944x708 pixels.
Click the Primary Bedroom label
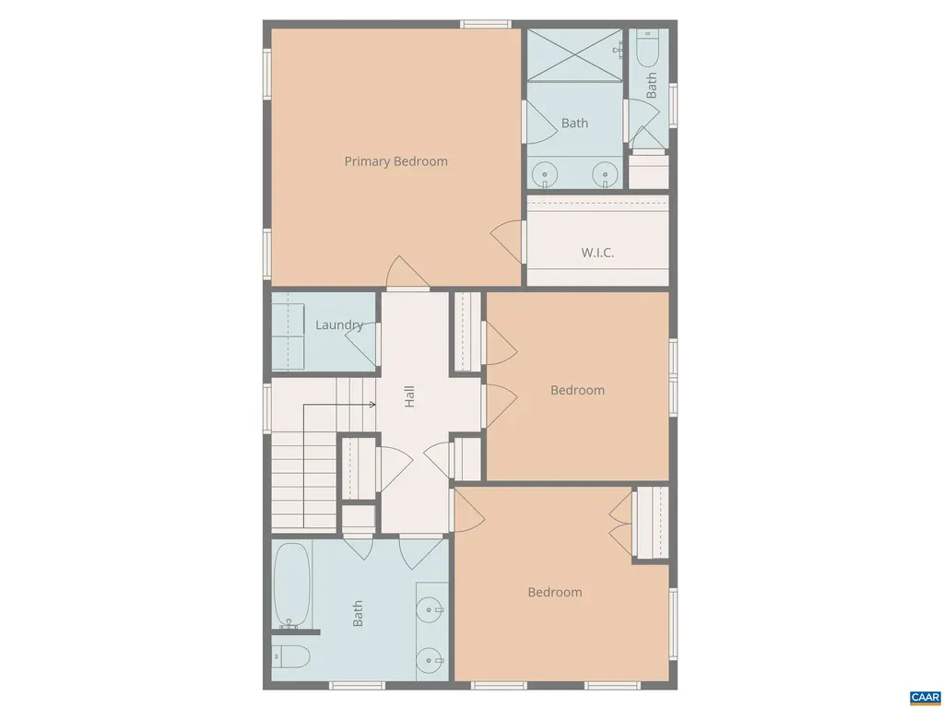tap(395, 161)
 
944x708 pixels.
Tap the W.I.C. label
tap(597, 253)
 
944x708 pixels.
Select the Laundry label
tap(339, 325)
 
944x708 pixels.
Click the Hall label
tap(409, 396)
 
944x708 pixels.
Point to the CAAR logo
tap(926, 698)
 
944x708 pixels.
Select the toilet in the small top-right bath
tap(648, 48)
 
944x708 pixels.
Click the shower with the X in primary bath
tap(574, 54)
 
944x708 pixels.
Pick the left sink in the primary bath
tap(544, 174)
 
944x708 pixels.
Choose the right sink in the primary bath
tap(605, 174)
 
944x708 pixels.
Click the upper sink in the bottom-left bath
tap(431, 610)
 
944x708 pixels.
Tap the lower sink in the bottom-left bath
tap(431, 660)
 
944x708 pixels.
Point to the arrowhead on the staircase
tap(372, 405)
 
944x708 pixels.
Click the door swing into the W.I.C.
tap(508, 241)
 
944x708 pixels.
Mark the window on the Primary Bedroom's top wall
tap(486, 24)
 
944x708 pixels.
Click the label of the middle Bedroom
tap(577, 390)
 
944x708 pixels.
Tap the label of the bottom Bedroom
tap(554, 593)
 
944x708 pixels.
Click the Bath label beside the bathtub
tap(358, 613)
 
